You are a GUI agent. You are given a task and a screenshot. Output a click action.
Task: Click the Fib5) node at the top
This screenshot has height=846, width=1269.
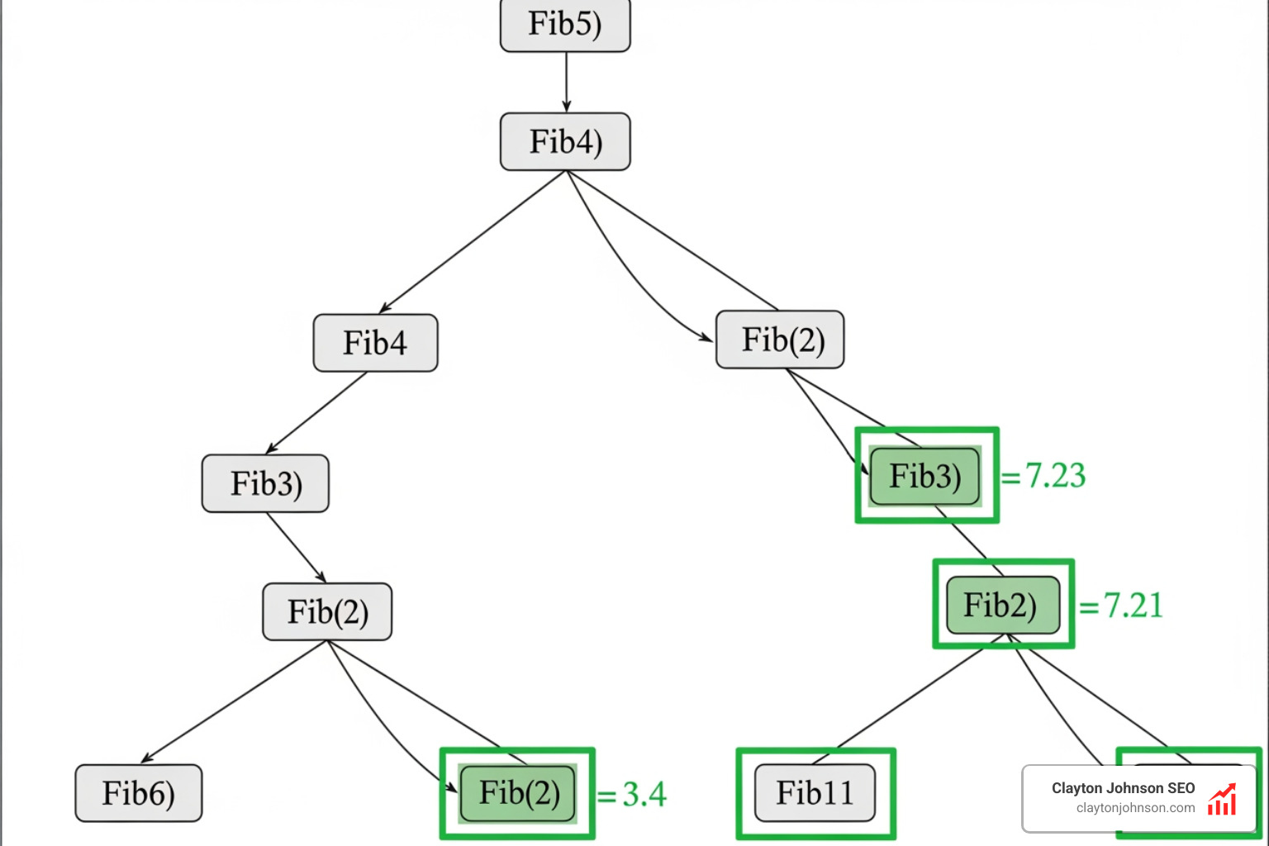tap(565, 25)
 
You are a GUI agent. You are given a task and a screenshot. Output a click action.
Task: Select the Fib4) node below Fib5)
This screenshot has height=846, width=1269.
tap(565, 142)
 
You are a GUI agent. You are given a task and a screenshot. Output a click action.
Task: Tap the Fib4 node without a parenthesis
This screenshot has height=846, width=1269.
tap(375, 343)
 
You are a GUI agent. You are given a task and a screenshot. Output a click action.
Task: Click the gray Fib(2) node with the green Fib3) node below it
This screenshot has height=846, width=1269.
tap(780, 340)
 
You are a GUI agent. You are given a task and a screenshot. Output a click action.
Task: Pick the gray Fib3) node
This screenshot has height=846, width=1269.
tap(265, 483)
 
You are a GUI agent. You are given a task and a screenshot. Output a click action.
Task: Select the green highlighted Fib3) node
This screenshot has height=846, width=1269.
tap(925, 476)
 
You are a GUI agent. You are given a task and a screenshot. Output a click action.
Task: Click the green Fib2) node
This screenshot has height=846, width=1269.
tap(1002, 605)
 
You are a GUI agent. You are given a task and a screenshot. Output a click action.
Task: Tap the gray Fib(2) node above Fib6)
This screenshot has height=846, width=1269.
tap(327, 612)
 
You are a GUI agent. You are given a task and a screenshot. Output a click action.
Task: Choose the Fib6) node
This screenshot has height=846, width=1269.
tap(138, 793)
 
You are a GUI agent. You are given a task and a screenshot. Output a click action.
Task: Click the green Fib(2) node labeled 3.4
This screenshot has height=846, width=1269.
tap(518, 793)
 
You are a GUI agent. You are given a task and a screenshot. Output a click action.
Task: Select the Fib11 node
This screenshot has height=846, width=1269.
tap(815, 793)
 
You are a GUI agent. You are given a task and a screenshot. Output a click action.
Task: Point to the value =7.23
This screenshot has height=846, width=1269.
tap(1044, 476)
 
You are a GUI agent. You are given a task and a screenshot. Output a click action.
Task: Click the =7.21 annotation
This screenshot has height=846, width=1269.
tap(1122, 606)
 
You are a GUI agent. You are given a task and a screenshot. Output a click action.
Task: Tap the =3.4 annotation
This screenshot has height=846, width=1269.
tap(632, 795)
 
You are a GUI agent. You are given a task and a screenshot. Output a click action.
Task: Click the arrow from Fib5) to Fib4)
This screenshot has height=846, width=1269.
tap(566, 82)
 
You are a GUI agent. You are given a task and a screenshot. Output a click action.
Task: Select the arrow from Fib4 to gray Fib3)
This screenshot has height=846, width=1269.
tap(316, 412)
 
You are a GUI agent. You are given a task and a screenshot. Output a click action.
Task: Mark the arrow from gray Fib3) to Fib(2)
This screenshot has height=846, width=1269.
tap(296, 548)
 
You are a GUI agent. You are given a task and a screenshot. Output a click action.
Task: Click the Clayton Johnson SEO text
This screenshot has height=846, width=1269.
tap(1123, 788)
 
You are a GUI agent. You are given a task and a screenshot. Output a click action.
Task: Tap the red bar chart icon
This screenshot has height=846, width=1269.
tap(1222, 799)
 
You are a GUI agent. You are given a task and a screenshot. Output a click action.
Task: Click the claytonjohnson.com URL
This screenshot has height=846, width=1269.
tap(1135, 808)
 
